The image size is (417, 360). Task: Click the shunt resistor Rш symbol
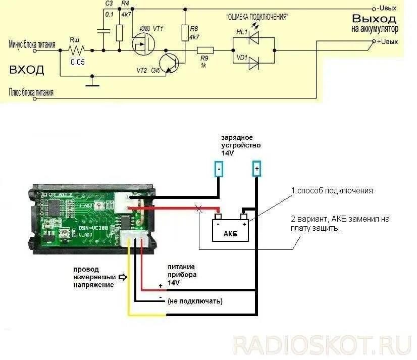point(77,50)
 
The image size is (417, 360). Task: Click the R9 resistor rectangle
point(205,50)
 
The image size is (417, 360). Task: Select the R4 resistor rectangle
point(119,33)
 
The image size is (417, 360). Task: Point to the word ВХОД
point(26,70)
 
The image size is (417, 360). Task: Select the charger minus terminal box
point(219,169)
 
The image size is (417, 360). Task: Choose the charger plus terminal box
point(256,169)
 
